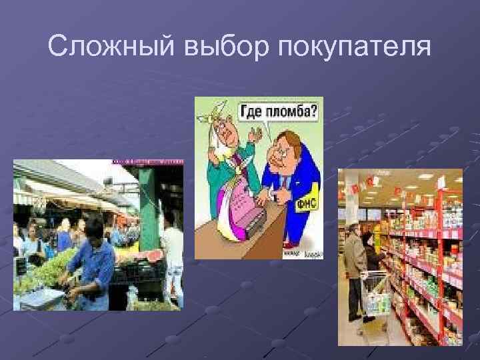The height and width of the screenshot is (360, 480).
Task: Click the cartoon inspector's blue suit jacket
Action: (287, 180)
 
